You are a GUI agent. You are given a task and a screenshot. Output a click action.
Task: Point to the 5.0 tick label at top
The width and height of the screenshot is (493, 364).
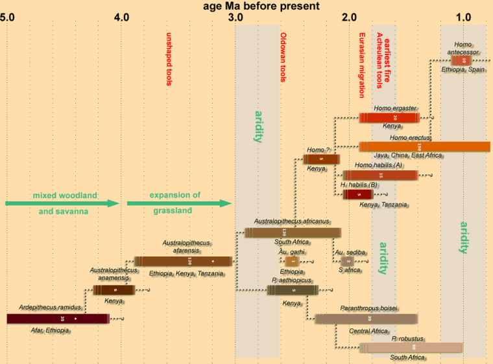click(7, 17)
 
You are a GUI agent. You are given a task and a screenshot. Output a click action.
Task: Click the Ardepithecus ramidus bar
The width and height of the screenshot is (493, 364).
click(57, 318)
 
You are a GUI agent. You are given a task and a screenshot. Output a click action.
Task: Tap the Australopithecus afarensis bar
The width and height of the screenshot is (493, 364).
click(183, 261)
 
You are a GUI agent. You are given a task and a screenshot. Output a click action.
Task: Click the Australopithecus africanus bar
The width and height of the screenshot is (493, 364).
click(293, 233)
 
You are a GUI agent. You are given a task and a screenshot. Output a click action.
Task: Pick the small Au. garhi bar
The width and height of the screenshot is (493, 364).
click(292, 261)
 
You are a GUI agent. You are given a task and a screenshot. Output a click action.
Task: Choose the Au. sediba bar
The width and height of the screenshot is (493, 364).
click(348, 261)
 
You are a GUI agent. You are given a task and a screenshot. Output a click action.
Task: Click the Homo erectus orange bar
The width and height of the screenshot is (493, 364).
click(424, 146)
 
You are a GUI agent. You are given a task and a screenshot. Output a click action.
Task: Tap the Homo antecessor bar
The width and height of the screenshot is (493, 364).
click(461, 60)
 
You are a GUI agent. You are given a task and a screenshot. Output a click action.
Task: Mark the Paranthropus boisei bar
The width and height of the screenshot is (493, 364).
click(367, 318)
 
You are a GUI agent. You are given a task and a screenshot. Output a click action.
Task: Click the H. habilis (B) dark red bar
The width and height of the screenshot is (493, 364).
click(358, 194)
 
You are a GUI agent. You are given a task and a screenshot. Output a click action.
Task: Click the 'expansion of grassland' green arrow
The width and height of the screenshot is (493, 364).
click(179, 203)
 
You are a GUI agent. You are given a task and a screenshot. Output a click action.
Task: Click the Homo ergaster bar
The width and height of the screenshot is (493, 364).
click(389, 117)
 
